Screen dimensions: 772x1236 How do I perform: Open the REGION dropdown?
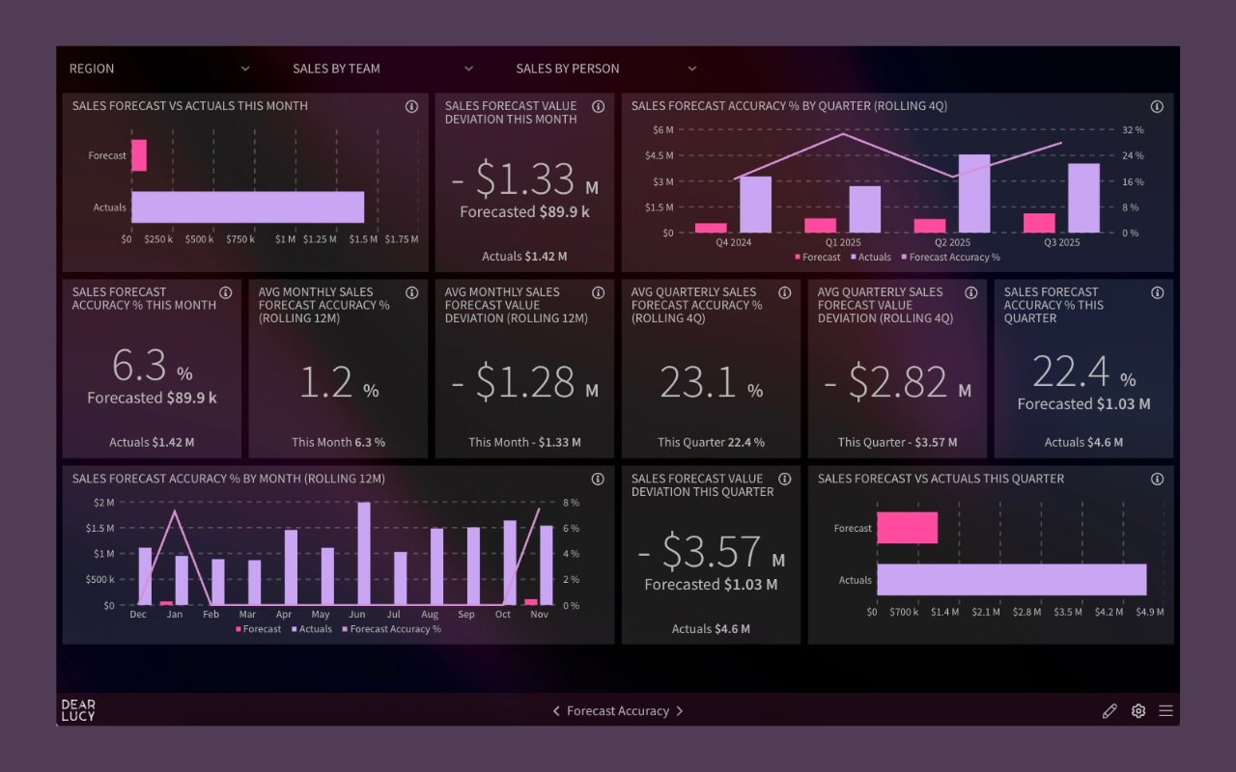(x=159, y=69)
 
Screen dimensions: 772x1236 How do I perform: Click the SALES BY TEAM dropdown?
(x=382, y=69)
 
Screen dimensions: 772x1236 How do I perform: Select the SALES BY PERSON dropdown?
(x=605, y=69)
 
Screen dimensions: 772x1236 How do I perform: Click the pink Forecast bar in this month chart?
(x=139, y=155)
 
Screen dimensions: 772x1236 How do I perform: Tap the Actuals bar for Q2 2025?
(x=973, y=193)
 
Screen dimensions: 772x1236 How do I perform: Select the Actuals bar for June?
(x=364, y=554)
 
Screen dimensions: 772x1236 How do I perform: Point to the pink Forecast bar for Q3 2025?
(x=1039, y=223)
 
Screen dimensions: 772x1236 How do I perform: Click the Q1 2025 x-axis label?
(x=842, y=243)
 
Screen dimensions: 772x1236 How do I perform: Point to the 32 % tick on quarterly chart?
(x=1132, y=130)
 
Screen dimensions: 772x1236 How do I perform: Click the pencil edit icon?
(x=1110, y=711)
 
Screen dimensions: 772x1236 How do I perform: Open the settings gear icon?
(x=1138, y=711)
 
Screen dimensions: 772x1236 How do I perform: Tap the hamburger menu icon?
(x=1166, y=711)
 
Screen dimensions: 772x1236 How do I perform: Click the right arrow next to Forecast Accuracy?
(x=680, y=711)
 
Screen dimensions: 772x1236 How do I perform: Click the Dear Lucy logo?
(x=78, y=710)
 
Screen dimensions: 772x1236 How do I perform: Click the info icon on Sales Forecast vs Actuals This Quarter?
(x=1157, y=480)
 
